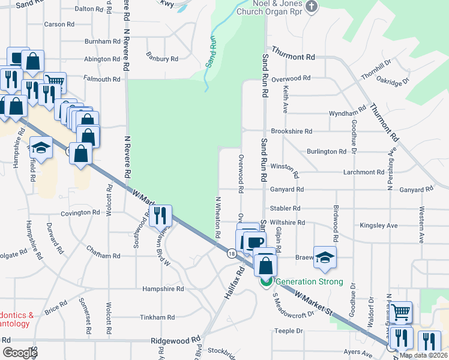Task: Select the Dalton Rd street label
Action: [90, 9]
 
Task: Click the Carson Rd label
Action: [59, 25]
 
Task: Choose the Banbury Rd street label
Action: [162, 59]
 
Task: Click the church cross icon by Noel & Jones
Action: [311, 6]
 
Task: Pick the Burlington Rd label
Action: [326, 152]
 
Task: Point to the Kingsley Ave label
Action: [379, 226]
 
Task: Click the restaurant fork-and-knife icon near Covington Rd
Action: [160, 215]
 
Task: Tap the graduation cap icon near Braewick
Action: [325, 257]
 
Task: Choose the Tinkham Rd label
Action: [157, 317]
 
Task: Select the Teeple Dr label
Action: [289, 331]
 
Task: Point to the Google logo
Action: [20, 353]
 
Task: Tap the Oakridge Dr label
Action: [393, 80]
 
